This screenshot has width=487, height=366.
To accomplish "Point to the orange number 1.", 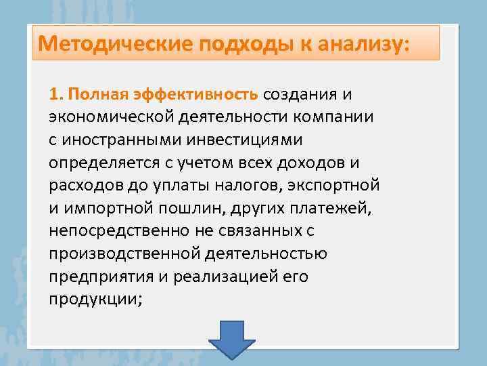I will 55,93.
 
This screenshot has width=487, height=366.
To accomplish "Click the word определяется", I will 99,162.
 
